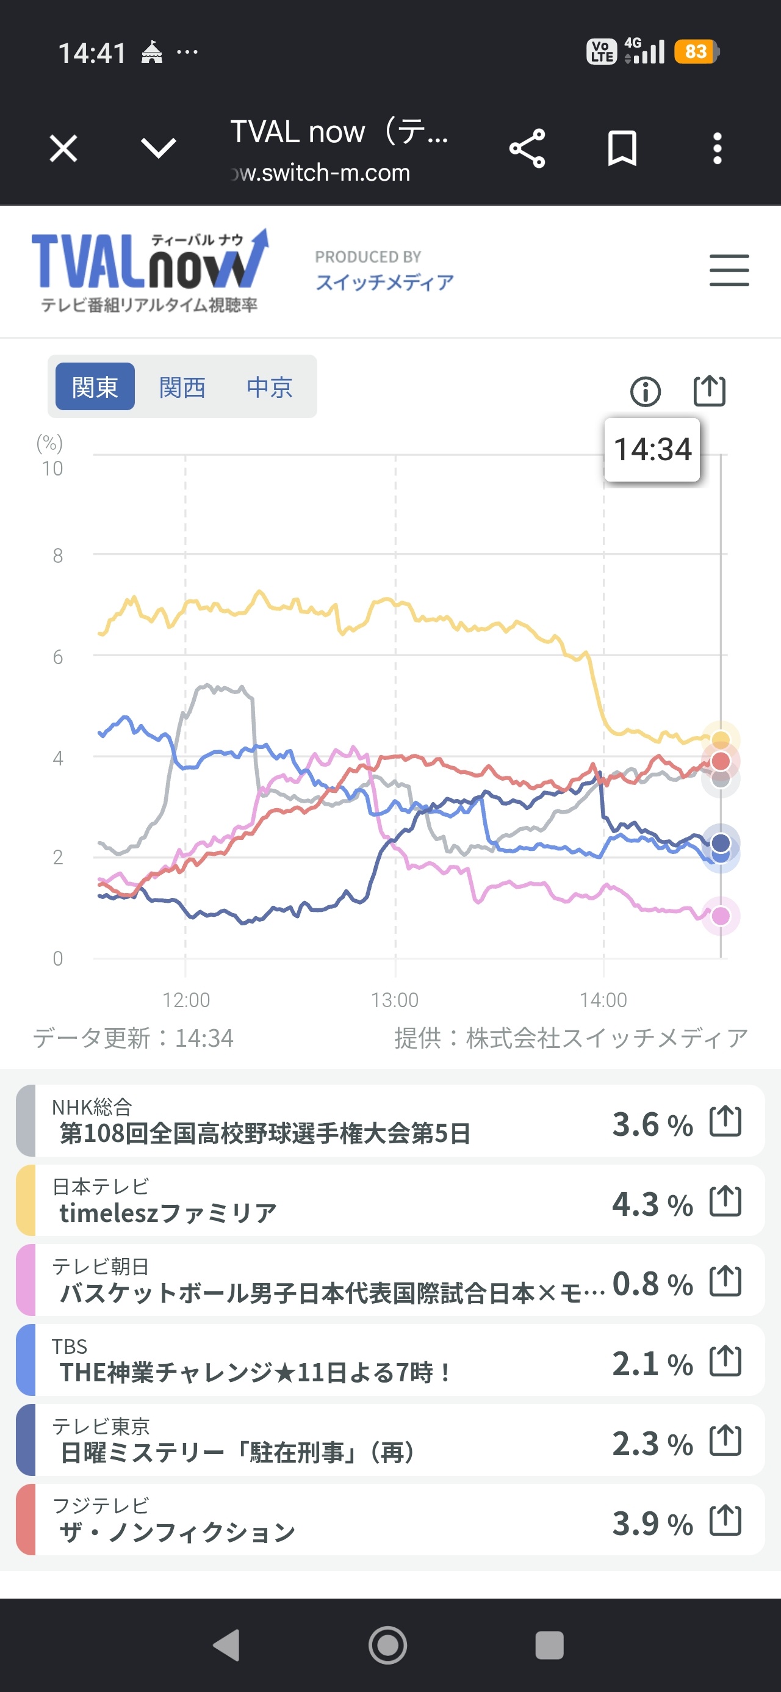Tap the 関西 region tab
pyautogui.click(x=182, y=387)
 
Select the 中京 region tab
pyautogui.click(x=269, y=387)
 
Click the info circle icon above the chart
pyautogui.click(x=645, y=392)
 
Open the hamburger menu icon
pyautogui.click(x=729, y=270)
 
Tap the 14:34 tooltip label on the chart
pyautogui.click(x=652, y=450)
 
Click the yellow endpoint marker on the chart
pyautogui.click(x=721, y=740)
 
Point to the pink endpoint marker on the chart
pyautogui.click(x=721, y=916)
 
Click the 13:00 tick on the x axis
pyautogui.click(x=395, y=1000)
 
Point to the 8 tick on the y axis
pyautogui.click(x=58, y=555)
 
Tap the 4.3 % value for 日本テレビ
pyautogui.click(x=652, y=1204)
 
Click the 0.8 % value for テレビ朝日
pyautogui.click(x=652, y=1284)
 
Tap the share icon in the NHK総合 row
pyautogui.click(x=725, y=1121)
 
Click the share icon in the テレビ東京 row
pyautogui.click(x=725, y=1441)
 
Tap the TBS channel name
pyautogui.click(x=70, y=1347)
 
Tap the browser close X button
pyautogui.click(x=63, y=148)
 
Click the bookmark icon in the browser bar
pyautogui.click(x=622, y=148)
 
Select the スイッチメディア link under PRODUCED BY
pyautogui.click(x=385, y=283)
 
